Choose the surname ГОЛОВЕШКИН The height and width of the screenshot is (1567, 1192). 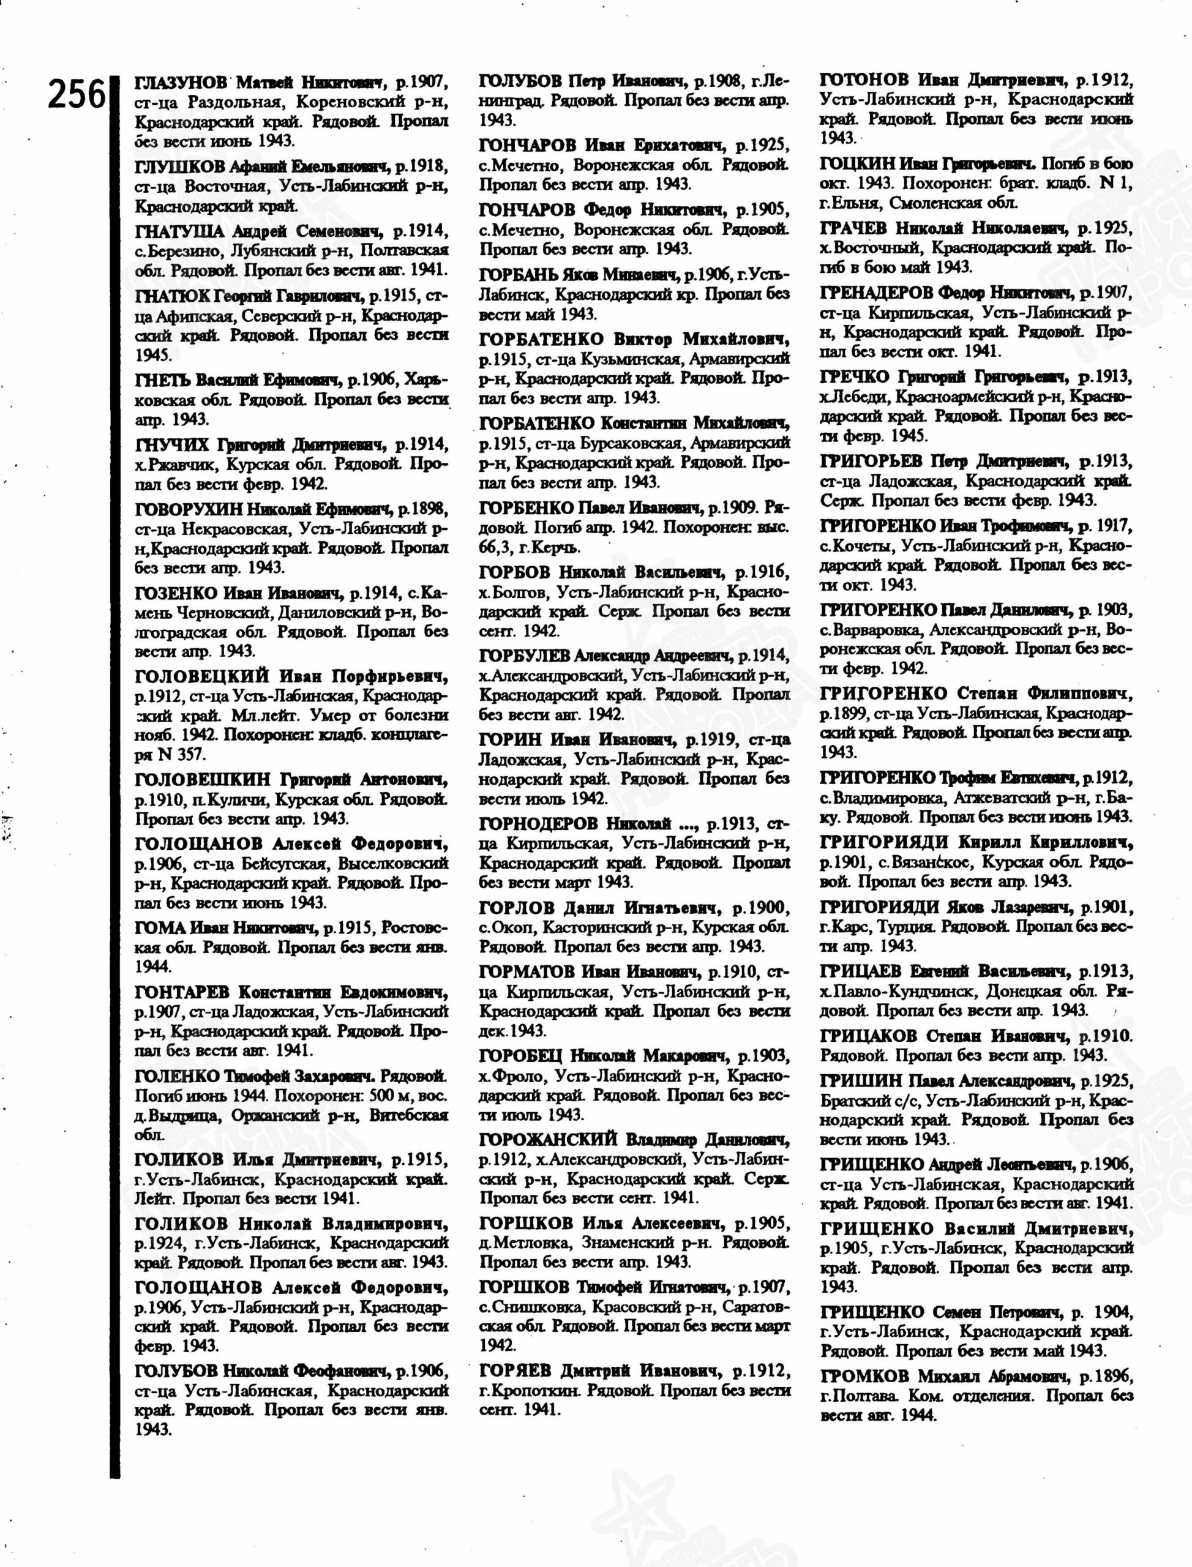click(x=203, y=780)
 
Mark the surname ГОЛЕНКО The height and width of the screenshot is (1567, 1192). click(x=177, y=1076)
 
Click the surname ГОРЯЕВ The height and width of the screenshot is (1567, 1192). click(x=516, y=1371)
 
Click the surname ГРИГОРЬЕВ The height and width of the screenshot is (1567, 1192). click(x=871, y=461)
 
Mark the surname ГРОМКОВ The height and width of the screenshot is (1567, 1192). click(x=864, y=1376)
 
